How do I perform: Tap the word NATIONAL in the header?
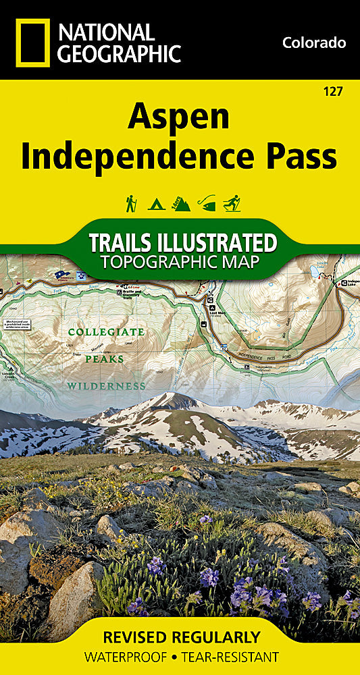point(106,32)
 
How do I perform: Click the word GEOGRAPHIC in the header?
point(119,53)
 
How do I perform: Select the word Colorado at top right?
point(314,43)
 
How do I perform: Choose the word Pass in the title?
point(301,157)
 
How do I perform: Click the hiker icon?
point(131,202)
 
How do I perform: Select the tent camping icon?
point(156,202)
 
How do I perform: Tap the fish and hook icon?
point(207,202)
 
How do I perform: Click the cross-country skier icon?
point(232,202)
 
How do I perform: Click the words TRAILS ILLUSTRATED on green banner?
point(182,242)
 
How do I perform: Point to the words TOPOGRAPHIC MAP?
point(180,261)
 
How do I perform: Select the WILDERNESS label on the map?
point(106,386)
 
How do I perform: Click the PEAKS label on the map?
point(104,359)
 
